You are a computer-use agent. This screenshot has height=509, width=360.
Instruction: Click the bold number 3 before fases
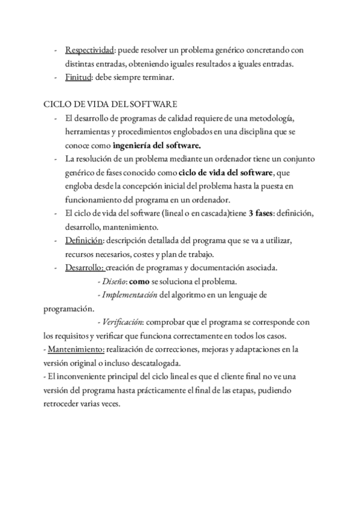(250, 214)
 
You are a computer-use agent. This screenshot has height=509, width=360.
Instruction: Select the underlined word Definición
(84, 241)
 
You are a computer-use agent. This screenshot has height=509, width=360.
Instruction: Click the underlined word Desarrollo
(85, 268)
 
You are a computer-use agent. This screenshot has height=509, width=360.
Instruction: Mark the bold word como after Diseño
(140, 282)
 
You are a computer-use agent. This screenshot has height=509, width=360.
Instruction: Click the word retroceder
(64, 404)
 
